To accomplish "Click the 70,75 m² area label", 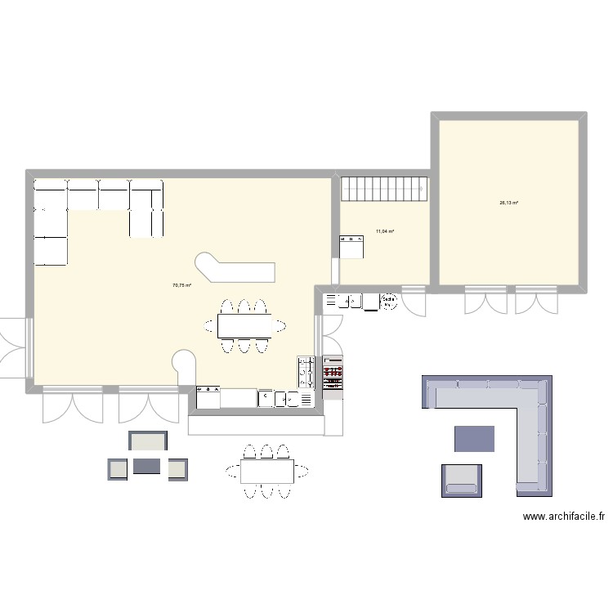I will (181, 285).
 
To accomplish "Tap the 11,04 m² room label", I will (385, 231).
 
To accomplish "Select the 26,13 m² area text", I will (509, 203).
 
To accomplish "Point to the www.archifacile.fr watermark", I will (564, 517).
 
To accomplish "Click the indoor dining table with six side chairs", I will (244, 325).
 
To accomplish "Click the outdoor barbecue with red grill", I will (333, 376).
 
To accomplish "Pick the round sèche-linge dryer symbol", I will (389, 302).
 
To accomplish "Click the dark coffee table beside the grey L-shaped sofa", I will (475, 439).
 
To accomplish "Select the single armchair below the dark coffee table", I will (462, 480).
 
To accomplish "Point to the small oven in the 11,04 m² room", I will (351, 246).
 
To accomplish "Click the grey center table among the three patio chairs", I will (147, 467).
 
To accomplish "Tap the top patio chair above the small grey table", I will (148, 441).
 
